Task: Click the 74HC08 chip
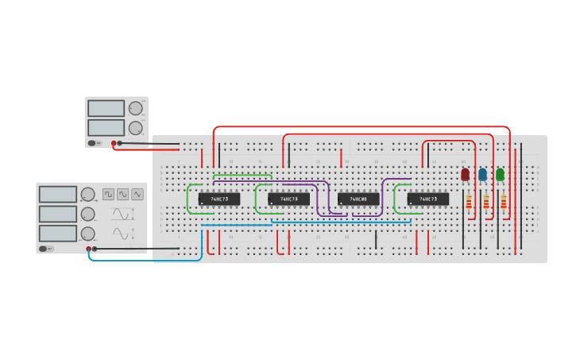pos(358,199)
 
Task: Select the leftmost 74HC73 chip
pos(219,199)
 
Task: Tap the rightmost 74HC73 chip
pos(428,199)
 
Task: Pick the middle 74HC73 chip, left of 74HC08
pos(288,199)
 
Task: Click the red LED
pos(466,174)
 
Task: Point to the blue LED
pos(482,174)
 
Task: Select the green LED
pos(500,174)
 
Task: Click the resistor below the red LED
pos(469,203)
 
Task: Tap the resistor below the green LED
pos(504,203)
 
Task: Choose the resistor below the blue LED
pos(486,203)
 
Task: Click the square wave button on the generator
pos(108,194)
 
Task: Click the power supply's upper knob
pos(136,108)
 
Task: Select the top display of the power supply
pos(106,108)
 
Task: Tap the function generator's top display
pos(58,194)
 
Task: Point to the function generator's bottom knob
pos(87,234)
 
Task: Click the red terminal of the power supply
pos(114,143)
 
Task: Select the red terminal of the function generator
pos(89,249)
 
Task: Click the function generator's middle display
pos(58,214)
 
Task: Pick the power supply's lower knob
pos(136,127)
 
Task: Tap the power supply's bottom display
pos(106,127)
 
